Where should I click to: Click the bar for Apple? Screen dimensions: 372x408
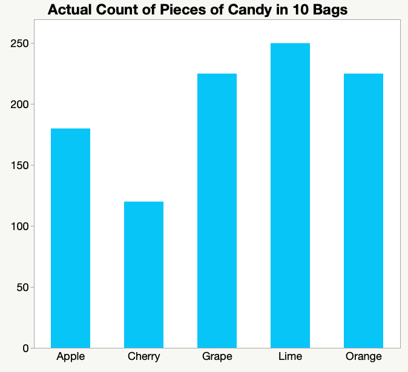70,238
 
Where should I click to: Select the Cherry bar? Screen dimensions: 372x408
143,275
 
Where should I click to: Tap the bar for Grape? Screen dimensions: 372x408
217,211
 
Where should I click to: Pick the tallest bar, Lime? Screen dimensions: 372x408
290,196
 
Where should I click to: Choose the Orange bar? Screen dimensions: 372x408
363,211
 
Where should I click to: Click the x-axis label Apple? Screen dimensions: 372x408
70,356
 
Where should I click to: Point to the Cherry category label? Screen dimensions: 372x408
143,356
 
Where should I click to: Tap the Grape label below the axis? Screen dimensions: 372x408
217,356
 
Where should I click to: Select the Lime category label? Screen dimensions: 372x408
290,356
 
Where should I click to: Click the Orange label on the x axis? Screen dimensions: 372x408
363,356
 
